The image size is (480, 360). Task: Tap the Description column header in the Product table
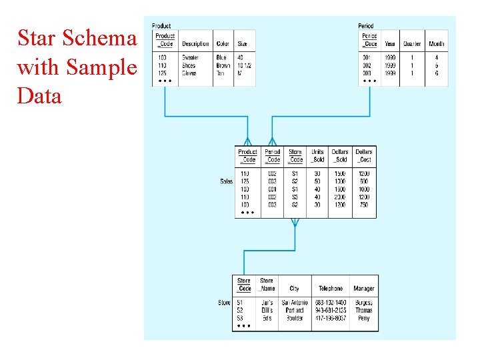pyautogui.click(x=195, y=44)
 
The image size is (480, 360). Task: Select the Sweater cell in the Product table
pyautogui.click(x=190, y=58)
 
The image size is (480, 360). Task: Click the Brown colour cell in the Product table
pyautogui.click(x=223, y=65)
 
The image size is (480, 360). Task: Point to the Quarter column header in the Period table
pyautogui.click(x=412, y=44)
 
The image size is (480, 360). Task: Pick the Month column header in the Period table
pyautogui.click(x=437, y=44)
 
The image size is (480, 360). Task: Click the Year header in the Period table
pyautogui.click(x=389, y=44)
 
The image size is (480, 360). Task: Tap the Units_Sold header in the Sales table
pyautogui.click(x=317, y=156)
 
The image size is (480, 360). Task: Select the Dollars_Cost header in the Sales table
pyautogui.click(x=363, y=156)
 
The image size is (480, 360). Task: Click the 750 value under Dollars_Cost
pyautogui.click(x=363, y=205)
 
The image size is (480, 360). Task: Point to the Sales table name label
pyautogui.click(x=226, y=181)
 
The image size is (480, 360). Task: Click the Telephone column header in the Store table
pyautogui.click(x=331, y=289)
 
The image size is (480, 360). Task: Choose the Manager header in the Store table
pyautogui.click(x=364, y=289)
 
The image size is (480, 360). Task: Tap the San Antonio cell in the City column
pyautogui.click(x=294, y=303)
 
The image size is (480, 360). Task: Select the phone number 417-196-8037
pyautogui.click(x=331, y=318)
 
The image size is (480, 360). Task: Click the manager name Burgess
pyautogui.click(x=364, y=303)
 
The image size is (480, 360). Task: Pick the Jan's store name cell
pyautogui.click(x=266, y=303)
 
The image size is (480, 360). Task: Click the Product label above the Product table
pyautogui.click(x=161, y=26)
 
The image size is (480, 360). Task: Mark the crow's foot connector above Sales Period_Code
pyautogui.click(x=272, y=141)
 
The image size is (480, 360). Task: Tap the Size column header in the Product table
pyautogui.click(x=241, y=44)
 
